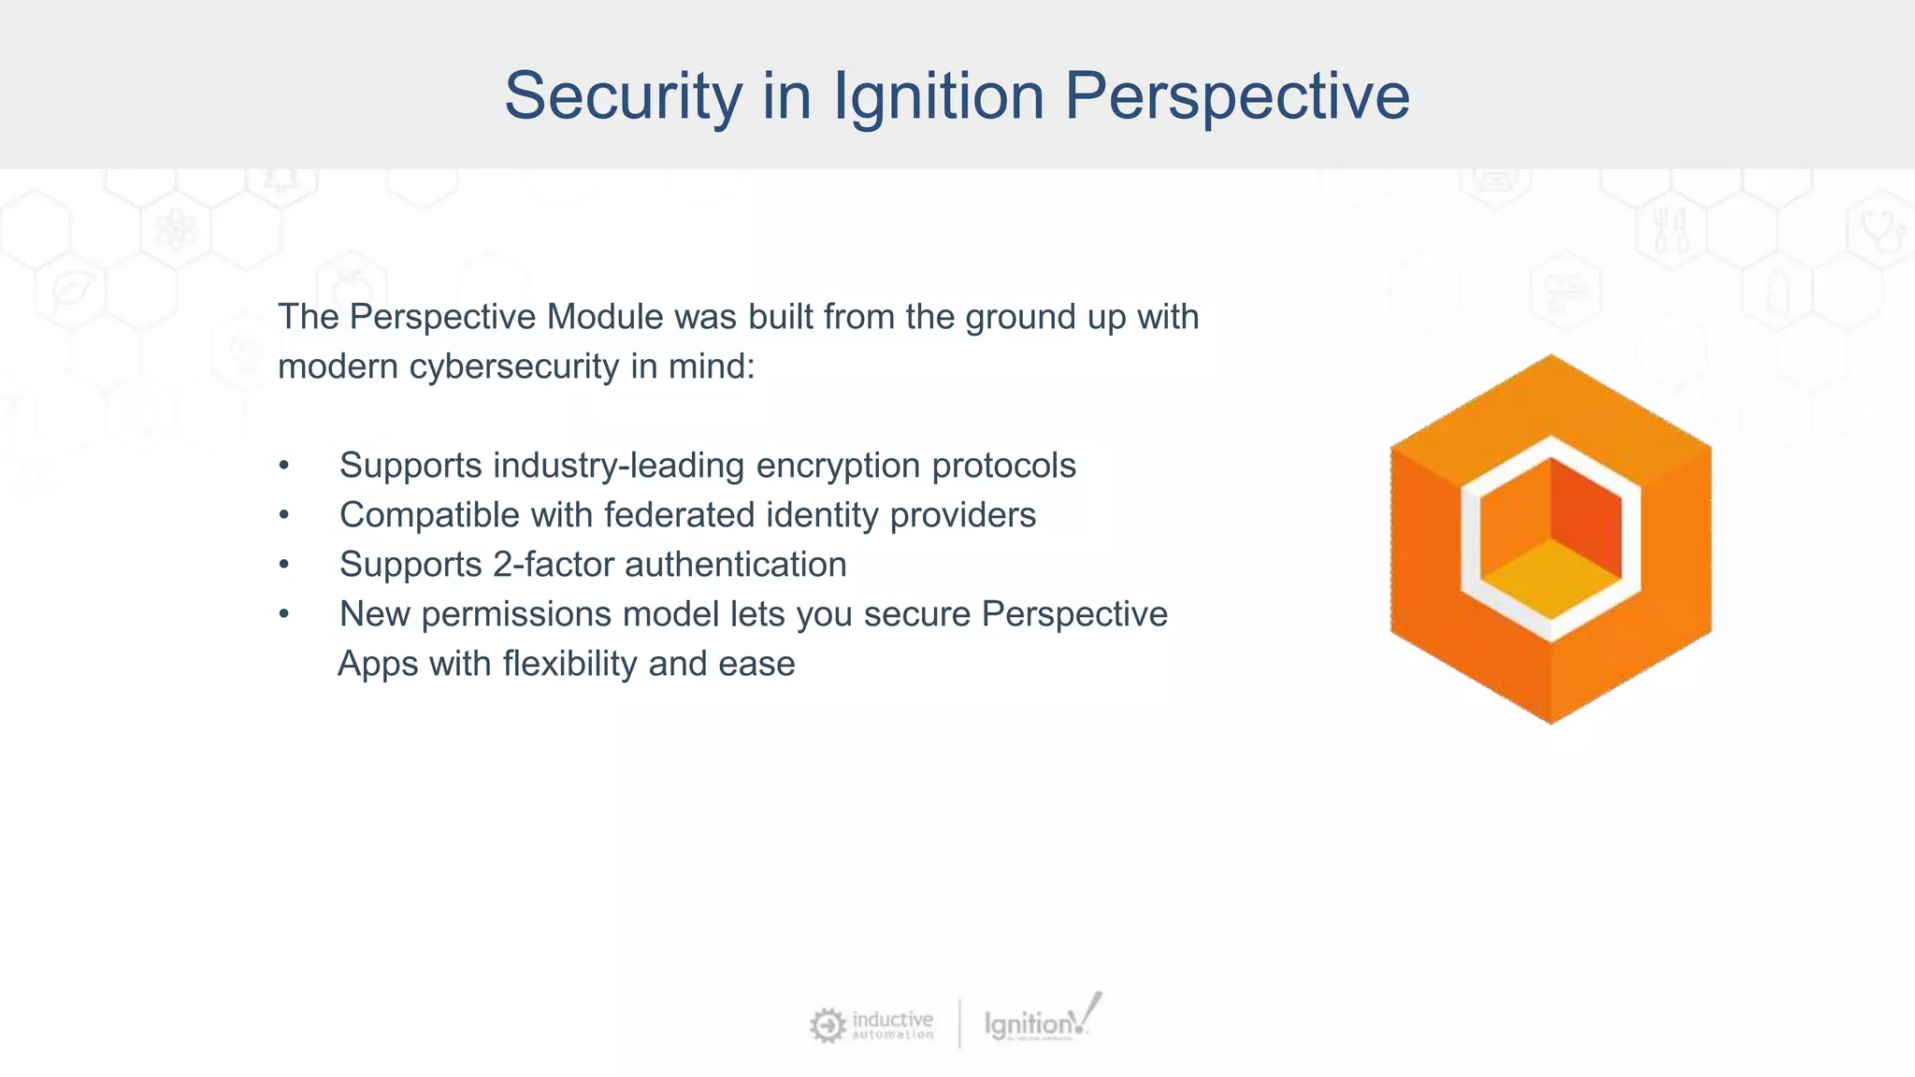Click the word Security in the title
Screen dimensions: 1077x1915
click(623, 95)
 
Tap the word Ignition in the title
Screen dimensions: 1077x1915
click(938, 95)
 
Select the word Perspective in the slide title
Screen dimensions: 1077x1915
click(1237, 95)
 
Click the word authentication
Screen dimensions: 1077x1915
click(735, 565)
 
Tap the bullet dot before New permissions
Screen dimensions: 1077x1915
click(284, 615)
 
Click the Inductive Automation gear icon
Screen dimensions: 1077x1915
click(827, 1026)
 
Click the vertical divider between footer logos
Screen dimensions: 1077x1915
click(959, 1024)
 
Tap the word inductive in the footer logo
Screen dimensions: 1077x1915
click(892, 1019)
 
